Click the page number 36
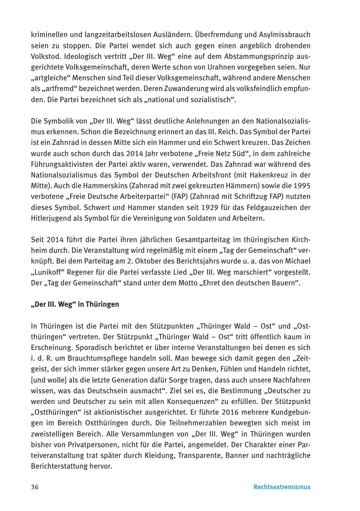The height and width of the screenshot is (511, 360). pyautogui.click(x=35, y=487)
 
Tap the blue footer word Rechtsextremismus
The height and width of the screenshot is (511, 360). pyautogui.click(x=282, y=487)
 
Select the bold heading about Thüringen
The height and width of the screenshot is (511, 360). pyautogui.click(x=75, y=304)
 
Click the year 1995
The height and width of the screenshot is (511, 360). pyautogui.click(x=302, y=186)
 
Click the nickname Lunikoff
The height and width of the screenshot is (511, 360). pyautogui.click(x=51, y=273)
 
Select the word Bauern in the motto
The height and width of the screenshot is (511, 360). pyautogui.click(x=282, y=283)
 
